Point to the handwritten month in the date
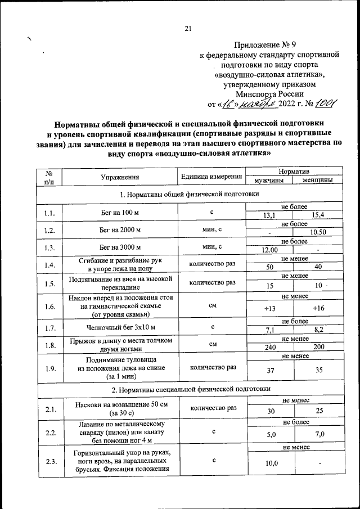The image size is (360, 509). point(256,104)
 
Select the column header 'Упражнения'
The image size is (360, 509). point(120,177)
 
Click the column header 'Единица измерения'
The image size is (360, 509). point(211,177)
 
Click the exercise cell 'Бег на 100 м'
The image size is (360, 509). point(120,212)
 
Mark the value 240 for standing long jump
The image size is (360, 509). point(269,347)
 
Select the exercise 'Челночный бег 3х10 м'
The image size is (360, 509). point(120,326)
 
